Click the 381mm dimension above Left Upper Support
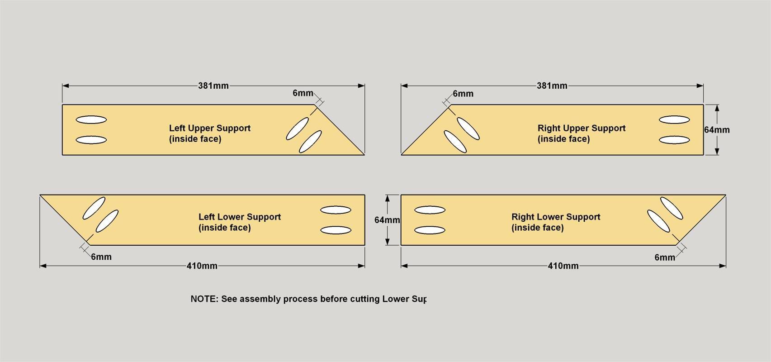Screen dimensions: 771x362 (213, 86)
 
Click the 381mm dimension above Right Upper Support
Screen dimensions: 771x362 (552, 86)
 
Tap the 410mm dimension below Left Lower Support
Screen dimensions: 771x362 (202, 266)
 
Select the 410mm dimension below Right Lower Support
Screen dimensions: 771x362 (563, 266)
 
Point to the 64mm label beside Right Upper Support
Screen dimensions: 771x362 (717, 130)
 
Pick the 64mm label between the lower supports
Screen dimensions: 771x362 (387, 220)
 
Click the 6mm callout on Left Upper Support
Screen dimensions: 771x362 (303, 93)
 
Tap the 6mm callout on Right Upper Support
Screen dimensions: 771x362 (463, 94)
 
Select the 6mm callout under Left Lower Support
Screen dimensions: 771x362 (101, 257)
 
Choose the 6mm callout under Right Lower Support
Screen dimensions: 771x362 (665, 257)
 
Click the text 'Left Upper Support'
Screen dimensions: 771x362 (210, 128)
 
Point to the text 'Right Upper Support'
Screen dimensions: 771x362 (582, 128)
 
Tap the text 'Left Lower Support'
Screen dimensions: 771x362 (240, 217)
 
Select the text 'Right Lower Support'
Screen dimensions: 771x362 (556, 217)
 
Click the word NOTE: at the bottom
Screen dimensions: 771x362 (204, 299)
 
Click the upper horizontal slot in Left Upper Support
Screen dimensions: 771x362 (91, 119)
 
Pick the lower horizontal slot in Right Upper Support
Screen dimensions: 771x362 (674, 140)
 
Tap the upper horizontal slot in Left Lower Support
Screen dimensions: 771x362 (336, 210)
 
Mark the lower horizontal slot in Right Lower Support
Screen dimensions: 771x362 (430, 230)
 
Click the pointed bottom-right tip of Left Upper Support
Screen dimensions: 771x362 (364, 155)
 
